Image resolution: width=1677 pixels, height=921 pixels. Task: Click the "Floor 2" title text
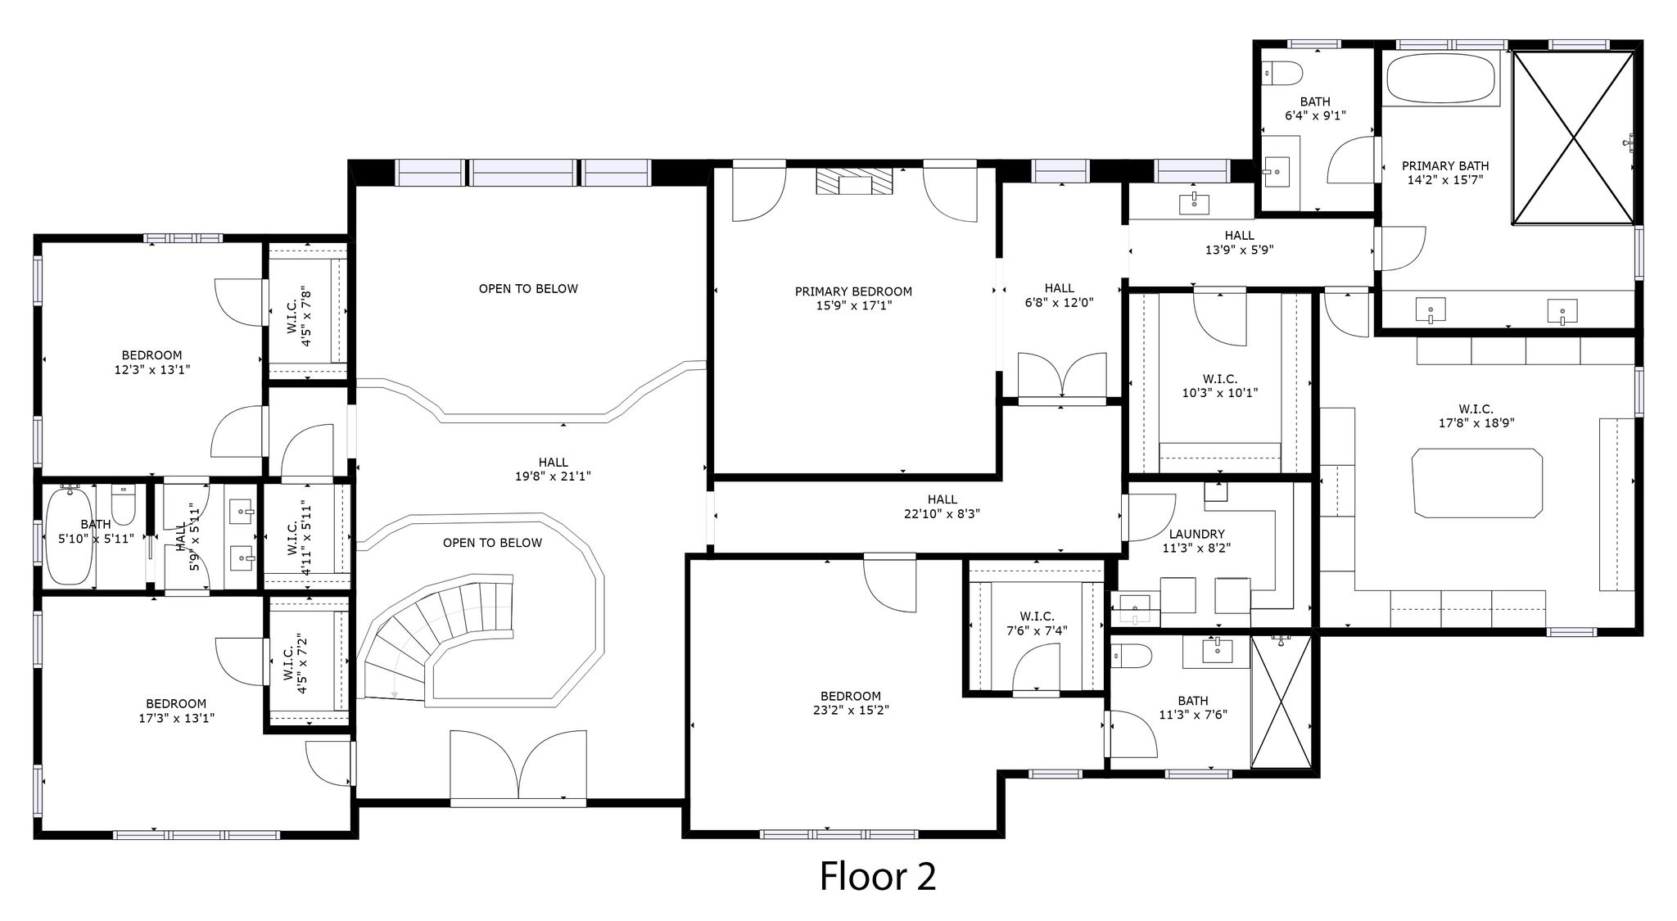tap(878, 876)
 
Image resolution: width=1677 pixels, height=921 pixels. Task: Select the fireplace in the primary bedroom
tap(853, 182)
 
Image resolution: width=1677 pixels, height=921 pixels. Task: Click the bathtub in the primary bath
tap(1440, 79)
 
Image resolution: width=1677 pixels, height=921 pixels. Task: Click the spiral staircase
tap(438, 639)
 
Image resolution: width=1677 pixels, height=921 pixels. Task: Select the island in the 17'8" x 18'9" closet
tap(1477, 482)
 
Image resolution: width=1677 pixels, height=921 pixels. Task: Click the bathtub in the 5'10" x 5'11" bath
tap(69, 535)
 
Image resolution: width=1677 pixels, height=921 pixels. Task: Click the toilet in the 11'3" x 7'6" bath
tap(1131, 655)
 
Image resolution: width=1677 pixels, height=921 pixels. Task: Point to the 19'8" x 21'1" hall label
tap(553, 469)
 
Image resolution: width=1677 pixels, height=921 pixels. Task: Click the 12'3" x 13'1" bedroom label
tap(152, 362)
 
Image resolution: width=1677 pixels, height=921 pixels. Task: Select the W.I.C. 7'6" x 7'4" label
tap(1037, 623)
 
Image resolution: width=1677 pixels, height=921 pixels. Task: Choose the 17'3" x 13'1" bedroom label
tap(176, 711)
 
